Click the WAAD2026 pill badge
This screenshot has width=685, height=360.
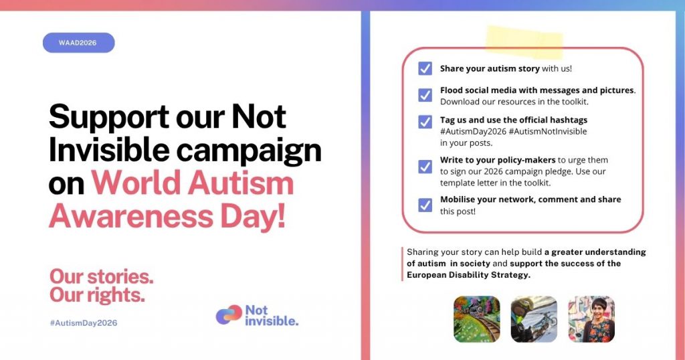pyautogui.click(x=79, y=43)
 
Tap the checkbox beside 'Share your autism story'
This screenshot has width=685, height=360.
pyautogui.click(x=425, y=69)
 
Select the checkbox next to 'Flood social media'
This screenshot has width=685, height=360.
pyautogui.click(x=425, y=95)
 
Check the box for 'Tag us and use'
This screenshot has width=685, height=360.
pyautogui.click(x=425, y=122)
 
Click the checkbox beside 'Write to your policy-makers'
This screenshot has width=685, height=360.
pyautogui.click(x=425, y=167)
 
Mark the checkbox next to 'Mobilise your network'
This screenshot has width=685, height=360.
pyautogui.click(x=425, y=205)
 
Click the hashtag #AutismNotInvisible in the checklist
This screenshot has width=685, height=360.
pyautogui.click(x=548, y=132)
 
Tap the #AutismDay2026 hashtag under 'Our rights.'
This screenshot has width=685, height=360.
pyautogui.click(x=84, y=323)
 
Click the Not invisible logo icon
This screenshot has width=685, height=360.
pyautogui.click(x=229, y=315)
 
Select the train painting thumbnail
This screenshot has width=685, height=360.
pyautogui.click(x=476, y=319)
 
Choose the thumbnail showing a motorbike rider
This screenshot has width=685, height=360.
pyautogui.click(x=534, y=319)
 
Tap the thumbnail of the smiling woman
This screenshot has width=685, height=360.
pyautogui.click(x=591, y=319)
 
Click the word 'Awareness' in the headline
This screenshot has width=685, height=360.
pyautogui.click(x=131, y=216)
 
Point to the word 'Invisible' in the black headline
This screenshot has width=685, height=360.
pyautogui.click(x=109, y=150)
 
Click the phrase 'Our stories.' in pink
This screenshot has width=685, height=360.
pyautogui.click(x=102, y=276)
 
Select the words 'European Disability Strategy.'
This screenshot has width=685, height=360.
pyautogui.click(x=468, y=275)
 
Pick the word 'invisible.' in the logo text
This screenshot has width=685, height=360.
pyautogui.click(x=272, y=321)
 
